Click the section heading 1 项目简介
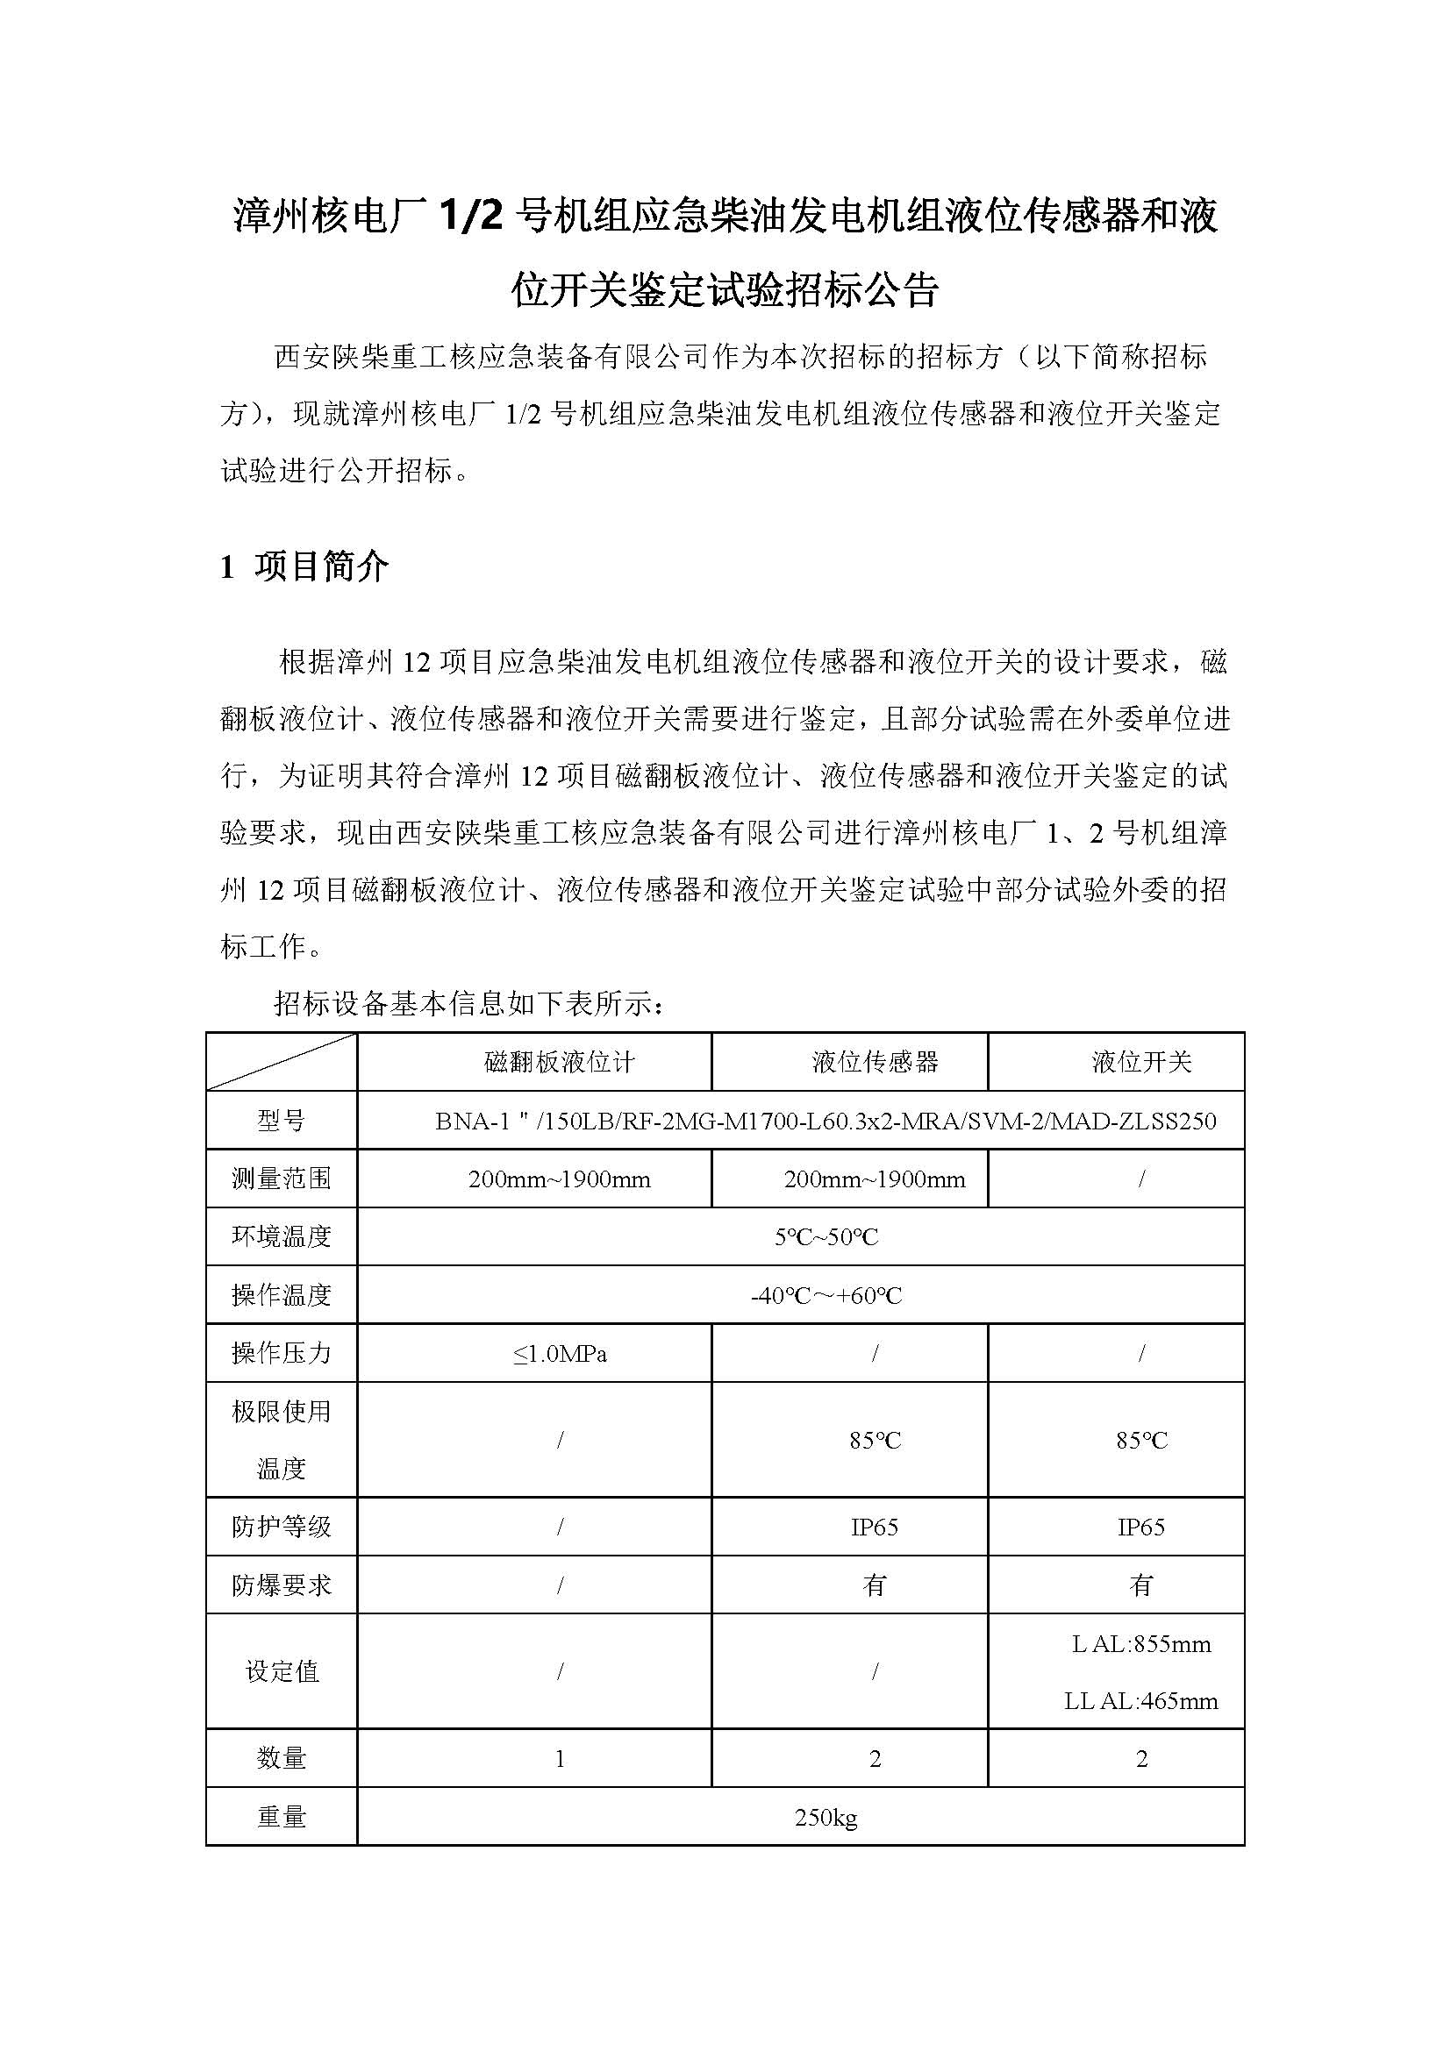[304, 566]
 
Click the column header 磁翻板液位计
[560, 1061]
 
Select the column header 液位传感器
[875, 1061]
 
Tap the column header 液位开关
[1141, 1061]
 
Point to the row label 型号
[282, 1120]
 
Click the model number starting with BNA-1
[826, 1120]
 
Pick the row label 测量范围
[282, 1179]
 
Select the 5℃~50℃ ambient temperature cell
[826, 1237]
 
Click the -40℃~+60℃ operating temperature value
[826, 1295]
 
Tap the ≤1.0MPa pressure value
[560, 1354]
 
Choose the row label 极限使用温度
[282, 1440]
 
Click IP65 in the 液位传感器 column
[874, 1527]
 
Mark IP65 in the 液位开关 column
[1141, 1527]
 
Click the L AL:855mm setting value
[1141, 1643]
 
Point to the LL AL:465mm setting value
[1141, 1701]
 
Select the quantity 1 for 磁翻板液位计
[560, 1759]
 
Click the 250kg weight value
[826, 1817]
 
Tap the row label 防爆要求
[282, 1585]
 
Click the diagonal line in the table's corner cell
[282, 1062]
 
